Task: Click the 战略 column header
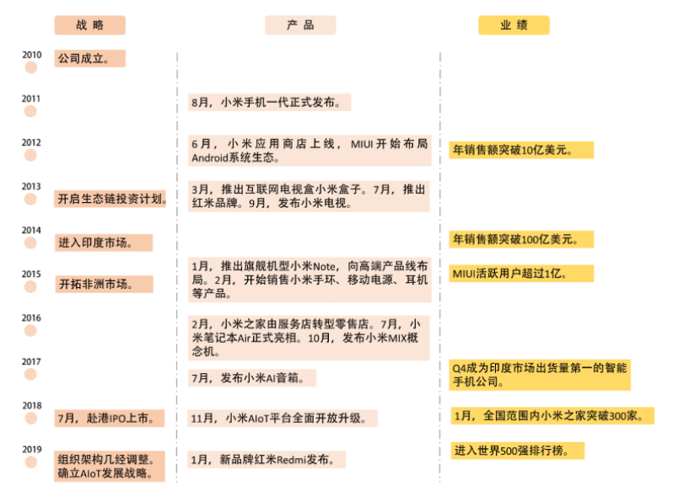90,25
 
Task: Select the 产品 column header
301,25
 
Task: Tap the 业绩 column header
514,25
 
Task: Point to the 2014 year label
31,230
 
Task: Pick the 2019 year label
31,449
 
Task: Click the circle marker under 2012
31,156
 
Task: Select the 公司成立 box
89,59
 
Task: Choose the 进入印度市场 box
104,243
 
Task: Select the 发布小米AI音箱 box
252,378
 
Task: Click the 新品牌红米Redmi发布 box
267,460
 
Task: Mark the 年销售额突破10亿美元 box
521,150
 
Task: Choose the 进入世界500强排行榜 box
517,451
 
